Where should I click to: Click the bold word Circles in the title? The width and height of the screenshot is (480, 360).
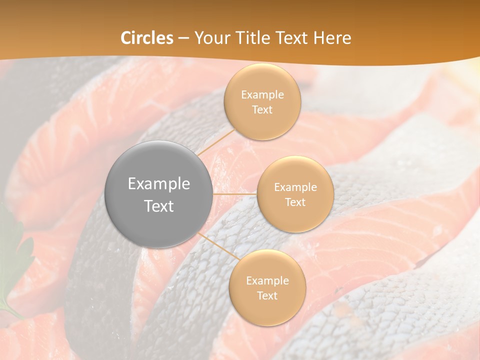(146, 38)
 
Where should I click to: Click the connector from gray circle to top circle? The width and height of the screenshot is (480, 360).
(216, 145)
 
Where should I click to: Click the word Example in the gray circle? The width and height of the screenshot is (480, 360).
(158, 184)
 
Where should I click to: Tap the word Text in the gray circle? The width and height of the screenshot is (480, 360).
(158, 206)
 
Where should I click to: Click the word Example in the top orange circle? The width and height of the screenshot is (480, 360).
(262, 95)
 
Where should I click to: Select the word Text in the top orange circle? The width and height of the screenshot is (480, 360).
(262, 110)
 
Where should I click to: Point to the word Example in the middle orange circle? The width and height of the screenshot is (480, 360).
(295, 187)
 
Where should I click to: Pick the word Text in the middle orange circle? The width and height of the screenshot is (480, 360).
(295, 202)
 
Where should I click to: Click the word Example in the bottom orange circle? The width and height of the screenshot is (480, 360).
(267, 281)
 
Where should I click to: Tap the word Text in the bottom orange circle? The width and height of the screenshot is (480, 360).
(267, 296)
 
